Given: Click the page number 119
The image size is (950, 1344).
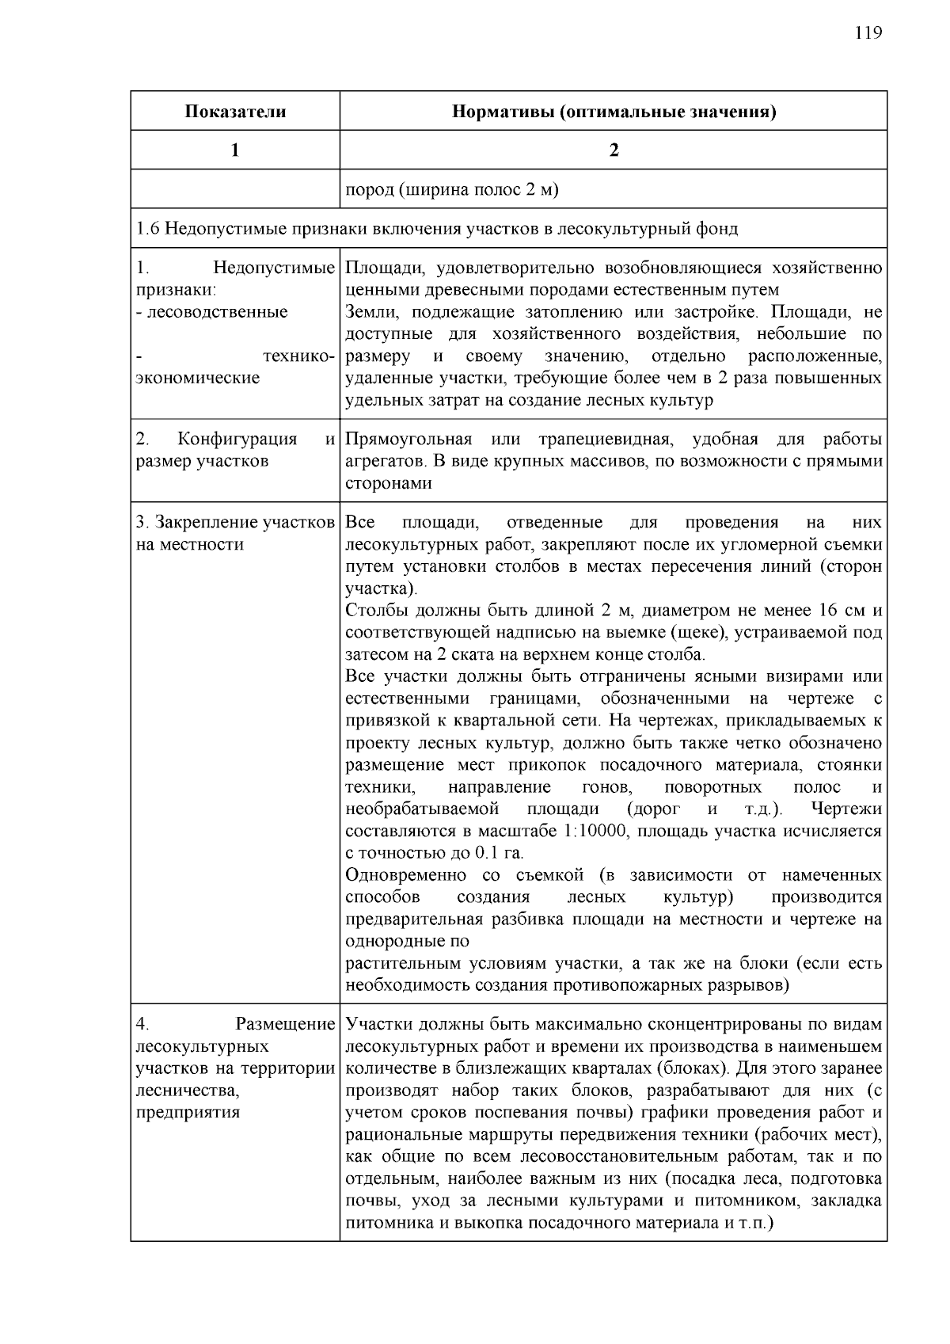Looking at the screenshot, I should (x=868, y=32).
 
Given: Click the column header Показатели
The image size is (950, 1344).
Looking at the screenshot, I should (x=235, y=111).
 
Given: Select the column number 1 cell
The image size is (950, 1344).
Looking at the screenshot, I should (x=235, y=150).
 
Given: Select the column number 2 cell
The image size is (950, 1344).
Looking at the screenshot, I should (x=614, y=150).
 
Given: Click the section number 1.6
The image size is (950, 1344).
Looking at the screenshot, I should (x=149, y=229).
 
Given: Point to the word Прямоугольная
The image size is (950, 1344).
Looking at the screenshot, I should (x=408, y=440).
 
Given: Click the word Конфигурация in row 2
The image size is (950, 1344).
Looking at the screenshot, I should (x=237, y=440).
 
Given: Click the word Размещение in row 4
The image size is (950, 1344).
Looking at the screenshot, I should (x=285, y=1025).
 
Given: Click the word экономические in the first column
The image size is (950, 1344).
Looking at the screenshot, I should (x=198, y=378).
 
